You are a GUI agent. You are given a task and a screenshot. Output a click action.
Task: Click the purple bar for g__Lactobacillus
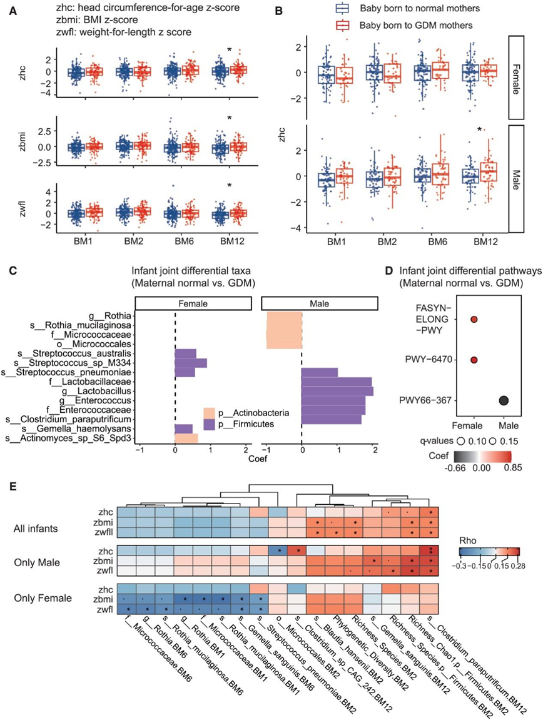pyautogui.click(x=337, y=391)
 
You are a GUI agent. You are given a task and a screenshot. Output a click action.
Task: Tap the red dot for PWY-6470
pyautogui.click(x=474, y=360)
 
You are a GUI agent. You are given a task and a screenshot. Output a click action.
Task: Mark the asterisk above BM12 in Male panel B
pyautogui.click(x=479, y=130)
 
